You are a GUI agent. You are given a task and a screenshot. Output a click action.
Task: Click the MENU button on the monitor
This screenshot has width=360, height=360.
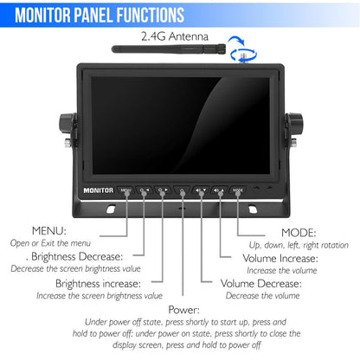[x=126, y=190]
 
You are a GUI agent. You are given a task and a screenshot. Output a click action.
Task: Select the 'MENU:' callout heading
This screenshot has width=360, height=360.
[x=49, y=232]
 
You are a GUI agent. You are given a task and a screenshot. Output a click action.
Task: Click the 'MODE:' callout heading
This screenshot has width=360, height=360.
[x=299, y=232]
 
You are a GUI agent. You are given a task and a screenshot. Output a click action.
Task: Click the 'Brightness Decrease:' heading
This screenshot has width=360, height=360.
[x=77, y=257]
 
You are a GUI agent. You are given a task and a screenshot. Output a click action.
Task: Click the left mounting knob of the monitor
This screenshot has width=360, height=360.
[x=65, y=125]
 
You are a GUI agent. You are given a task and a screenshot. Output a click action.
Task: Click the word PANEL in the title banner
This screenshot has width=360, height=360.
[x=105, y=15]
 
